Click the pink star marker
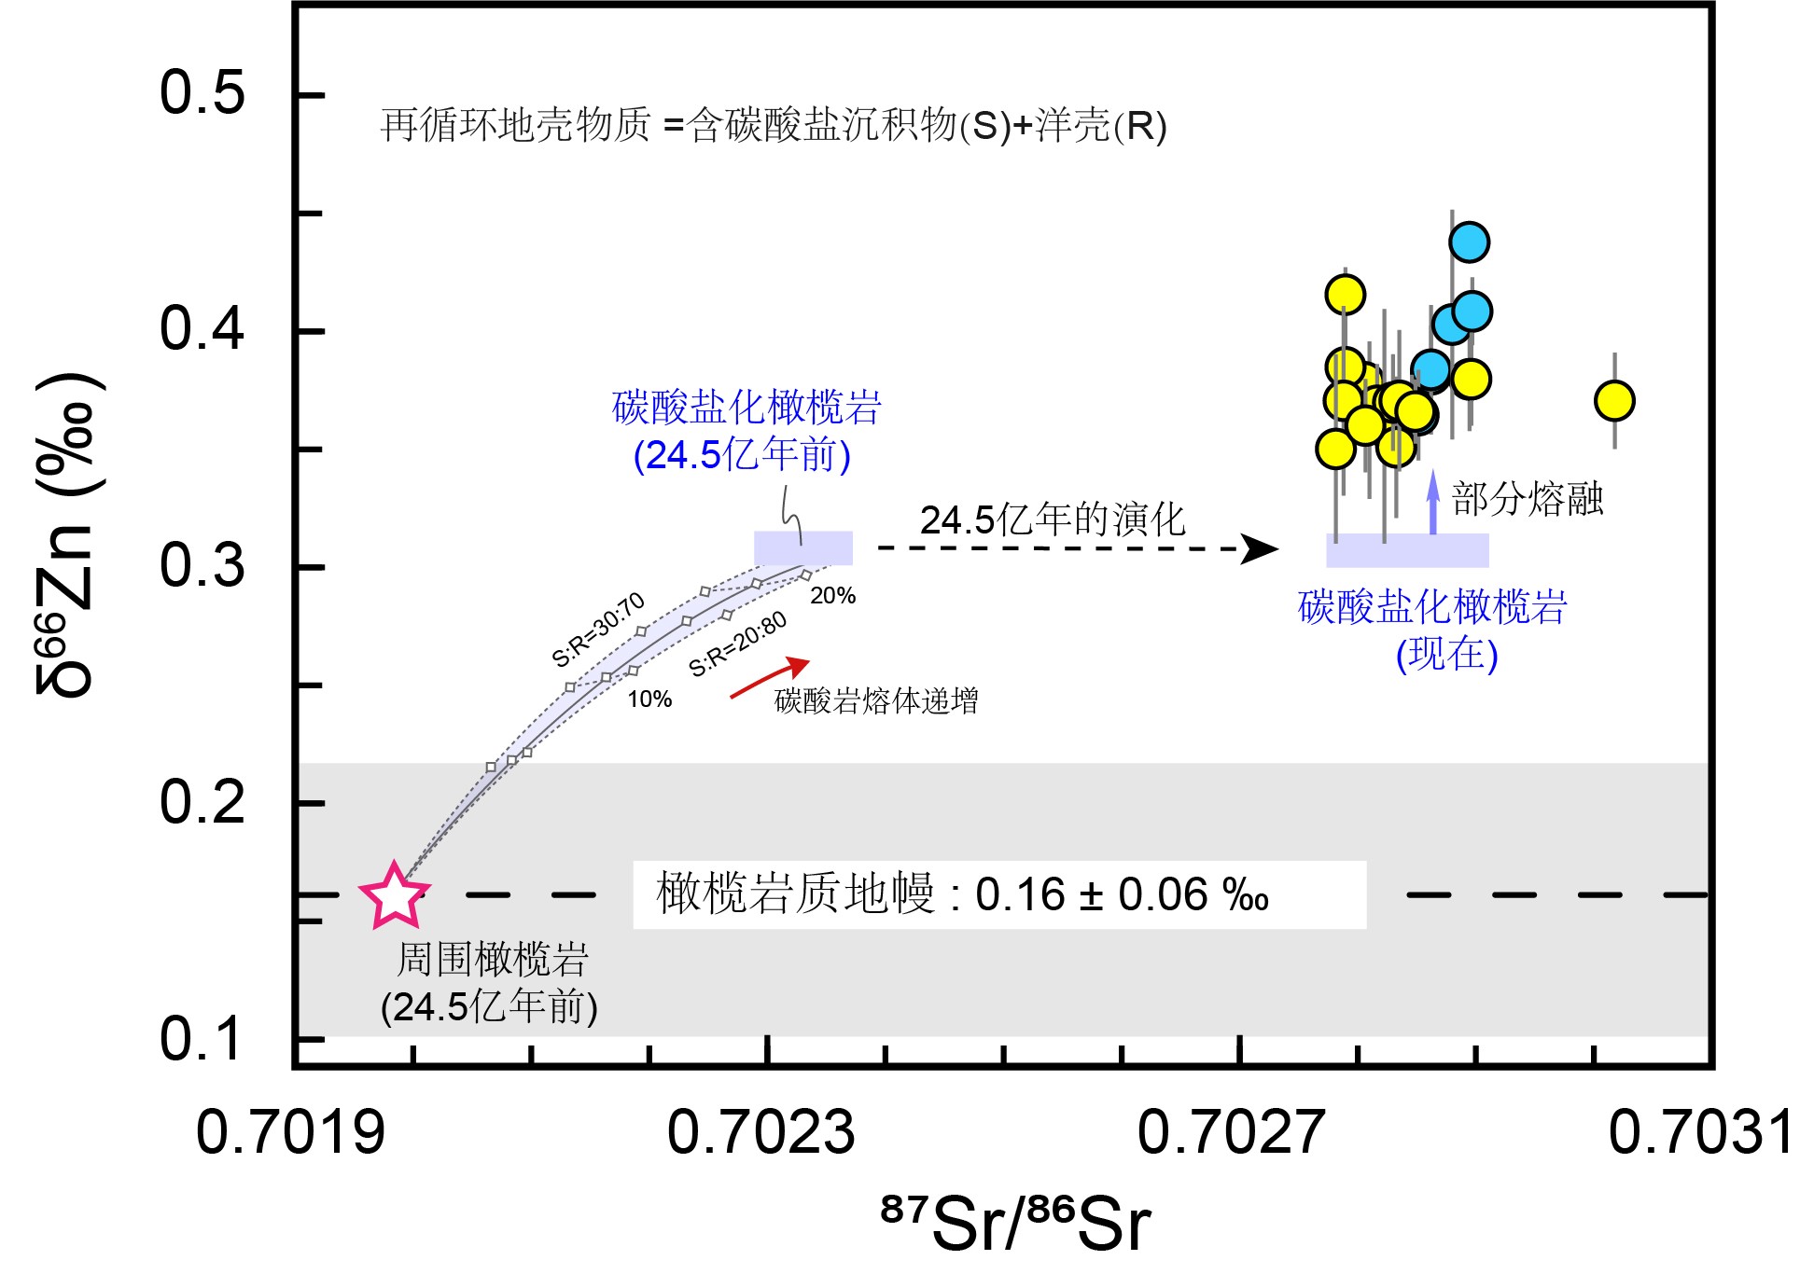pyautogui.click(x=394, y=895)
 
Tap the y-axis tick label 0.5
pyautogui.click(x=202, y=93)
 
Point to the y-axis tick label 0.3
pyautogui.click(x=202, y=565)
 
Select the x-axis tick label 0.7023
pyautogui.click(x=760, y=1132)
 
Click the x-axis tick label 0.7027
pyautogui.click(x=1231, y=1132)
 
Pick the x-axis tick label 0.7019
pyautogui.click(x=290, y=1132)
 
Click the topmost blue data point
pyautogui.click(x=1469, y=242)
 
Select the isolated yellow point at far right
pyautogui.click(x=1614, y=401)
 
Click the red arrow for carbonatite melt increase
pyautogui.click(x=770, y=678)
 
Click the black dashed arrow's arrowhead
pyautogui.click(x=1260, y=548)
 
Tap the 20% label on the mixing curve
pyautogui.click(x=832, y=596)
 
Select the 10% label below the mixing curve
pyautogui.click(x=649, y=699)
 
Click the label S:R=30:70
pyautogui.click(x=598, y=630)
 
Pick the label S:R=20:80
pyautogui.click(x=737, y=644)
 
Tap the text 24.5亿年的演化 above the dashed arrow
pyautogui.click(x=1052, y=520)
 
